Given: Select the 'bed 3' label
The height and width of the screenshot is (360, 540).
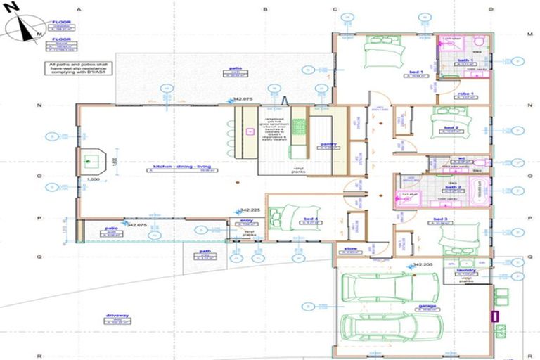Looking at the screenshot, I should click(x=442, y=221).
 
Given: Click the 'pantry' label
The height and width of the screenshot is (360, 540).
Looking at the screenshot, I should click(x=328, y=144).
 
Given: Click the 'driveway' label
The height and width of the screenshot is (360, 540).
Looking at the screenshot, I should click(x=117, y=316).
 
